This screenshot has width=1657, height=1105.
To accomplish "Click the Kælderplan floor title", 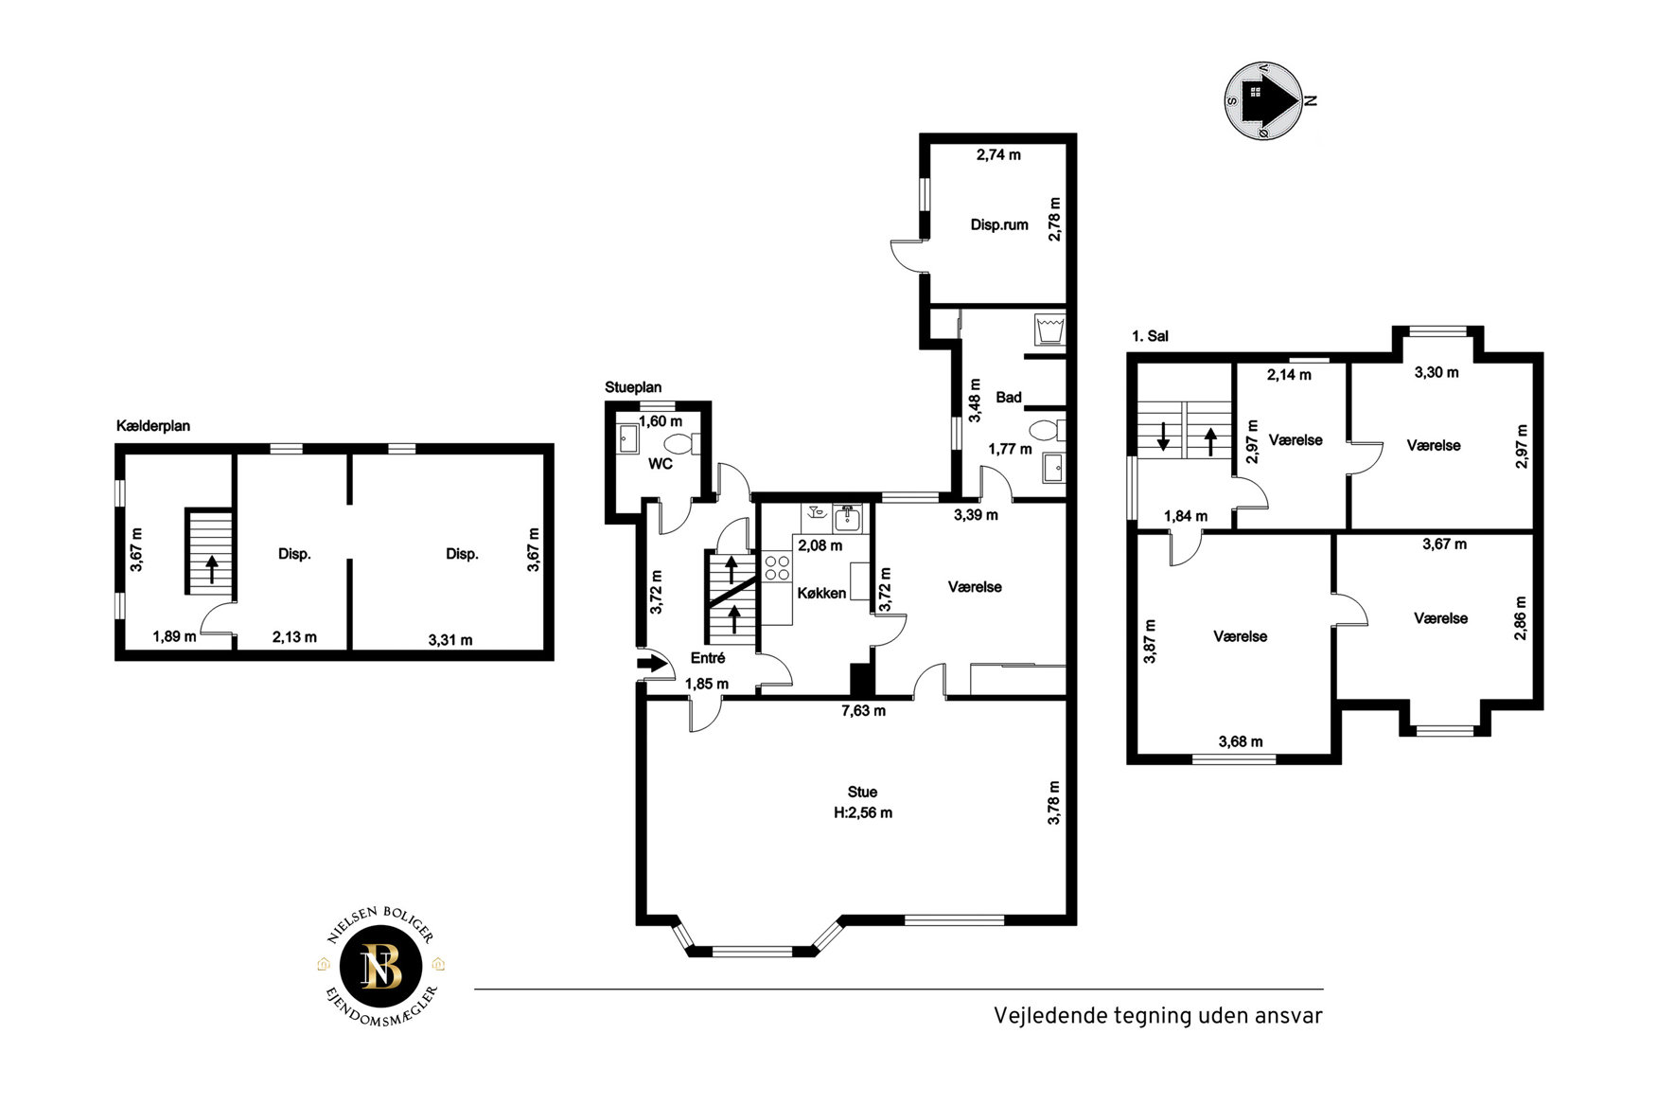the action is click(x=153, y=426).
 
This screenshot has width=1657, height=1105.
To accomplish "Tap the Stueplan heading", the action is click(x=633, y=387).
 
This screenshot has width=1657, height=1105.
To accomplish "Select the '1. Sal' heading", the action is click(x=1150, y=336).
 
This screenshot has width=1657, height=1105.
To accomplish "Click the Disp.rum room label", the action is click(x=999, y=225).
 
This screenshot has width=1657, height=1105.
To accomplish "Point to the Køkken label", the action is click(x=821, y=593).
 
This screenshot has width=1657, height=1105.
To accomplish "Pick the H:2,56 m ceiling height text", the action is click(x=862, y=812).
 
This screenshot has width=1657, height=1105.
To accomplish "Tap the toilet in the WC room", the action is click(x=681, y=443).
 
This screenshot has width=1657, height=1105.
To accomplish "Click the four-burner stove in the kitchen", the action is click(x=777, y=568).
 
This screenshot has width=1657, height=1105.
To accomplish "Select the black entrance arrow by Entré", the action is click(x=652, y=663).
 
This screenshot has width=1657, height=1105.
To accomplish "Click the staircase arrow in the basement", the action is click(x=212, y=568).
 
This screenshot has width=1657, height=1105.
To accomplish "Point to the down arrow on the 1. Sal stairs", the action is click(x=1163, y=437).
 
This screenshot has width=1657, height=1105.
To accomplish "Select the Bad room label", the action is click(x=1009, y=398).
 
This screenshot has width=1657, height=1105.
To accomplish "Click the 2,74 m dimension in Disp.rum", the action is click(x=998, y=154).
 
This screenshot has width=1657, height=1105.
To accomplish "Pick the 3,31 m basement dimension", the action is click(x=450, y=640).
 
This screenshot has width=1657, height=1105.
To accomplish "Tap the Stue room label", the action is click(x=862, y=792).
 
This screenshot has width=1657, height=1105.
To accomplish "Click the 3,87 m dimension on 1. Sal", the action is click(x=1150, y=641).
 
